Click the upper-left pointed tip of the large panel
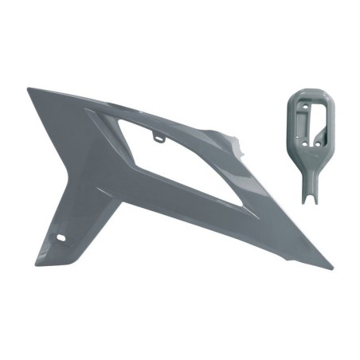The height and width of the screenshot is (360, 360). tap(29, 89)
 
